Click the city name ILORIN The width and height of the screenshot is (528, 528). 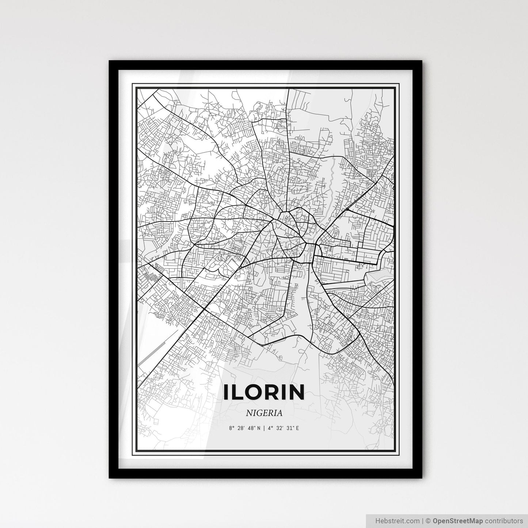[264, 392]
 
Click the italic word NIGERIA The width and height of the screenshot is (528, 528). [264, 413]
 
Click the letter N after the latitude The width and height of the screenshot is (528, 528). [259, 428]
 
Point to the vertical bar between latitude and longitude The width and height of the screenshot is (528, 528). [264, 428]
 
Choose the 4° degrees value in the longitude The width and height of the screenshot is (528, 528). [270, 428]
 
